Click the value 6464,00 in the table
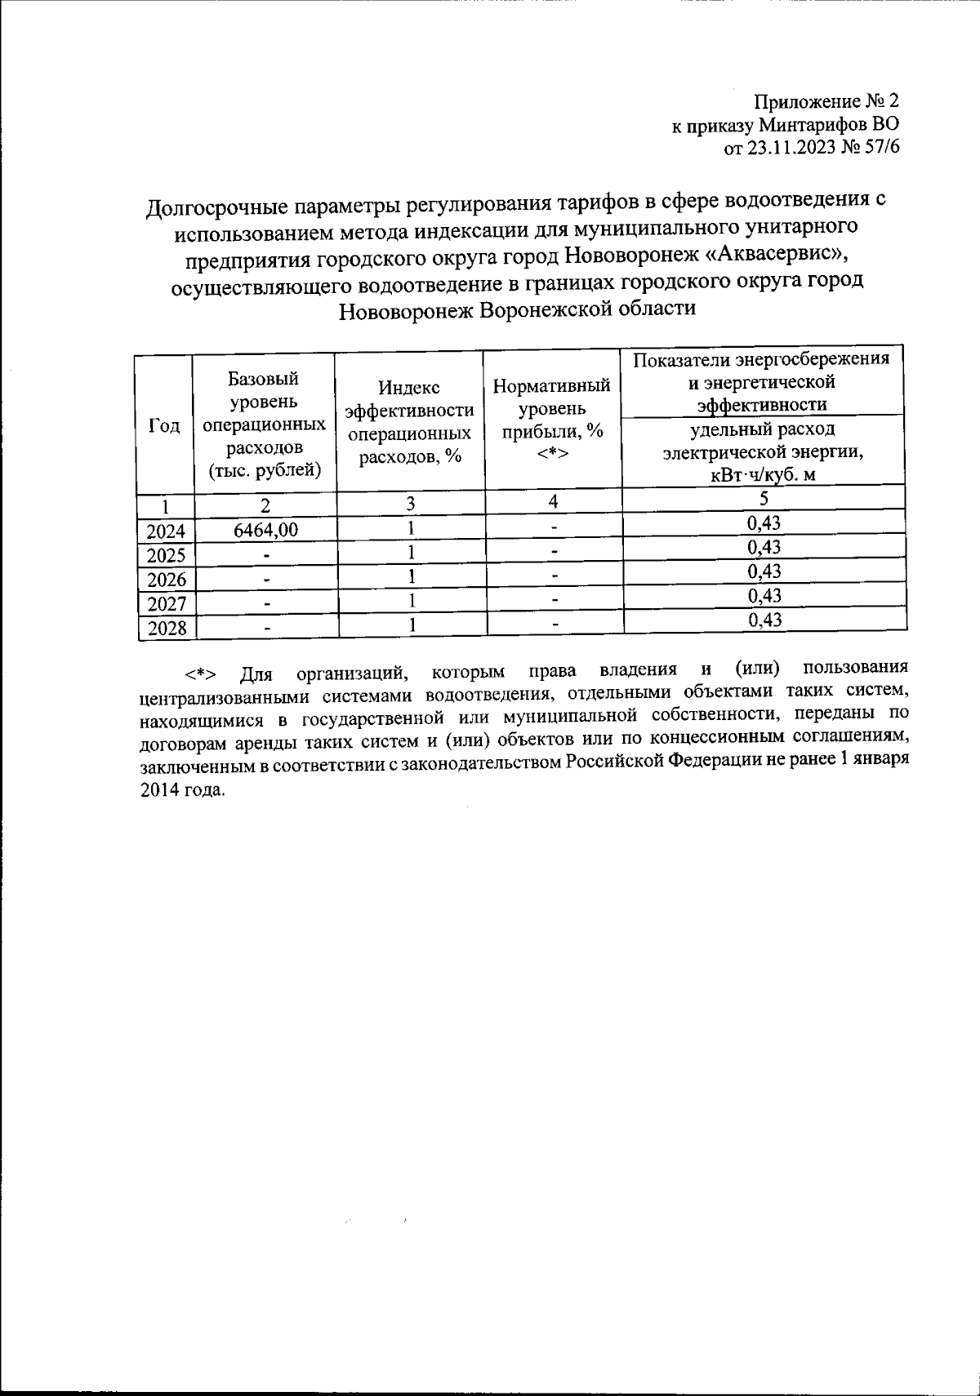coord(265,530)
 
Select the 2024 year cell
coord(166,531)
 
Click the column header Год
coord(165,425)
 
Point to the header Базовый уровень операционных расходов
coord(265,425)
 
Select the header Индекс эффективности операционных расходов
coord(410,423)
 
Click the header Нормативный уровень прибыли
coord(552,418)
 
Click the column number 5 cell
coord(764,499)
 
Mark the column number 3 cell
coord(410,503)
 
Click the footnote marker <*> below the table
coord(200,674)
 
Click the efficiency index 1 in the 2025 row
coord(412,553)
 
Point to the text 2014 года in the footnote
coord(180,790)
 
